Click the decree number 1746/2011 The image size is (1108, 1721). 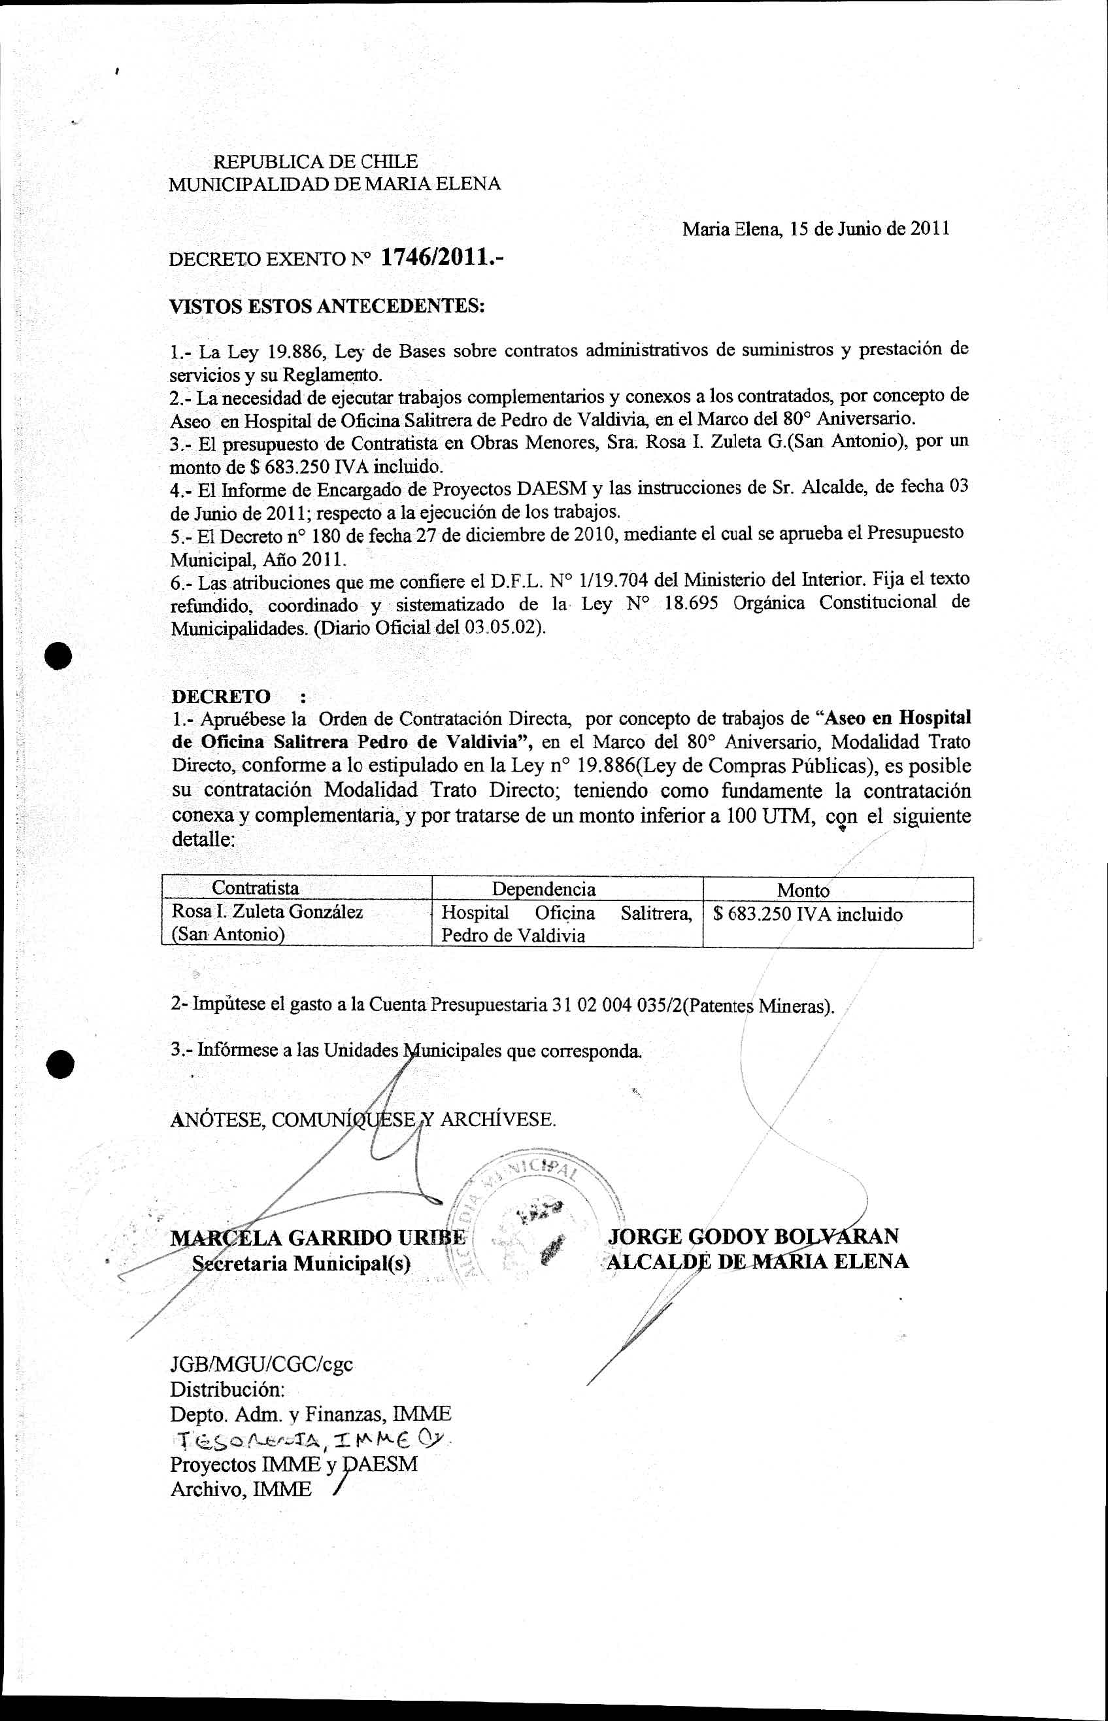click(441, 258)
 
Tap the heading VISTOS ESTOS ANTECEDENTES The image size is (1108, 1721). click(327, 307)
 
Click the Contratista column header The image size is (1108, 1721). click(256, 888)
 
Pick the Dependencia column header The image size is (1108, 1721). click(544, 889)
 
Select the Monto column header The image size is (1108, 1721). click(803, 890)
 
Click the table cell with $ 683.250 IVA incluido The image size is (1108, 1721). click(807, 915)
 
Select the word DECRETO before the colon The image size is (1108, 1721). click(221, 696)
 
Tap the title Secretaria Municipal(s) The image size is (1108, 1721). click(301, 1263)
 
